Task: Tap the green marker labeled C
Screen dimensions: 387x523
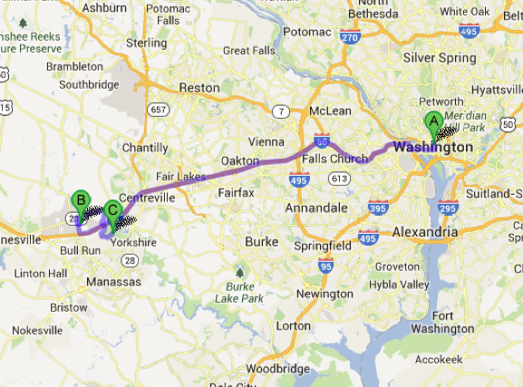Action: click(112, 210)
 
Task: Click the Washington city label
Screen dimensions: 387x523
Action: click(432, 147)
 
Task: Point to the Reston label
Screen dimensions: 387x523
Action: click(199, 88)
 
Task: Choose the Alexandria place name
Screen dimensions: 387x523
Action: click(425, 232)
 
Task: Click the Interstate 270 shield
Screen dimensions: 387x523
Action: click(351, 35)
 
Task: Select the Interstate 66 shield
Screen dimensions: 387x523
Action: click(321, 140)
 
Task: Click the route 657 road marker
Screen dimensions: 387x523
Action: click(160, 110)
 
